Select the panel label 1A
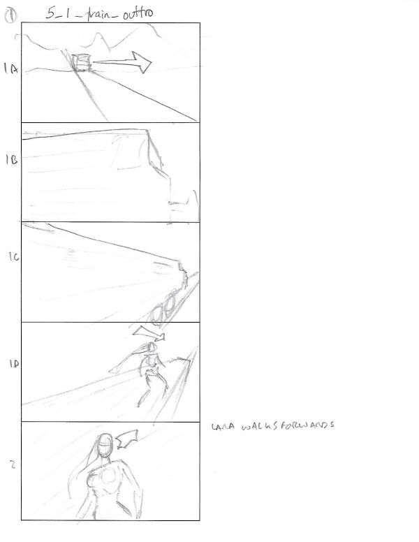(10, 69)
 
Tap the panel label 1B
(10, 160)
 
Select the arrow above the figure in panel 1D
(149, 332)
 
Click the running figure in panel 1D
(151, 370)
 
